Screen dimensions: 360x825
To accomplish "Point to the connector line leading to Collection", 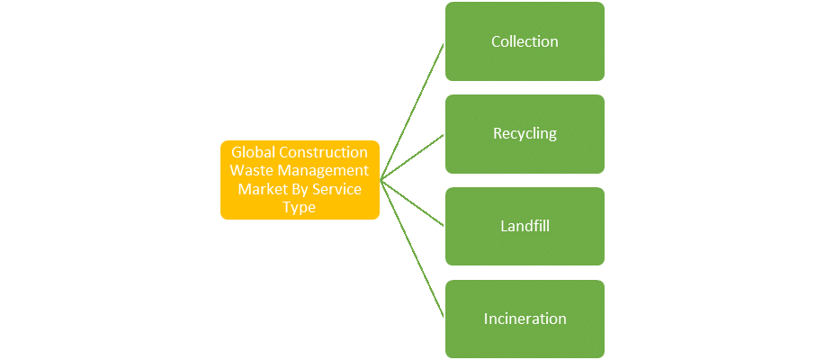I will point(413,111).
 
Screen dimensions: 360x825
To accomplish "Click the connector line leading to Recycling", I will point(413,157).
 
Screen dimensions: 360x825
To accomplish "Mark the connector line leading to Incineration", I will point(413,249).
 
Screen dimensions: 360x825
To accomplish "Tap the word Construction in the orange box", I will point(324,152).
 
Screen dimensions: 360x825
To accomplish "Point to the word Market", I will point(260,189).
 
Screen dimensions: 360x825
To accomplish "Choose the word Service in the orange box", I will point(336,189).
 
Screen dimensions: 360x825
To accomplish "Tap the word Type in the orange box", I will point(300,207).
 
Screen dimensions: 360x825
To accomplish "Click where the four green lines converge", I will point(381,180).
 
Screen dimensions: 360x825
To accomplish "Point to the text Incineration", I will point(525,319).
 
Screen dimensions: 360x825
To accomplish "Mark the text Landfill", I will point(525,226).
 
